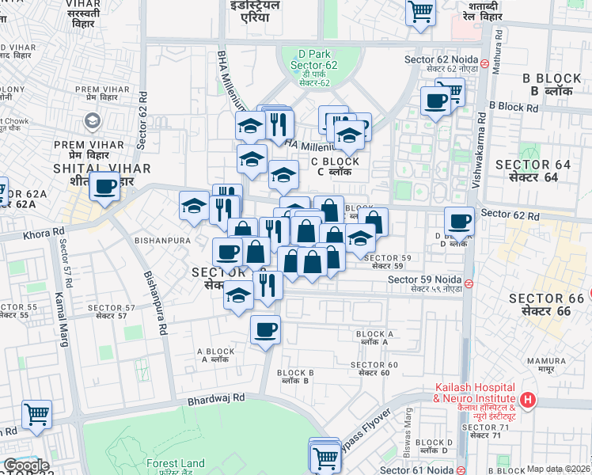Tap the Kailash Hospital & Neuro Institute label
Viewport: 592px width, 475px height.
tap(475, 402)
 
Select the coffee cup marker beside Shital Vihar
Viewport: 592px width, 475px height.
tap(104, 187)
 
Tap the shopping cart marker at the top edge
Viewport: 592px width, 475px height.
tap(421, 11)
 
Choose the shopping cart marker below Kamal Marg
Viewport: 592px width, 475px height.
tap(37, 414)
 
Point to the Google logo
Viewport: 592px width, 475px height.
tap(26, 465)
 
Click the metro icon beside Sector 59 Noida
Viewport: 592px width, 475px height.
tap(469, 283)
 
